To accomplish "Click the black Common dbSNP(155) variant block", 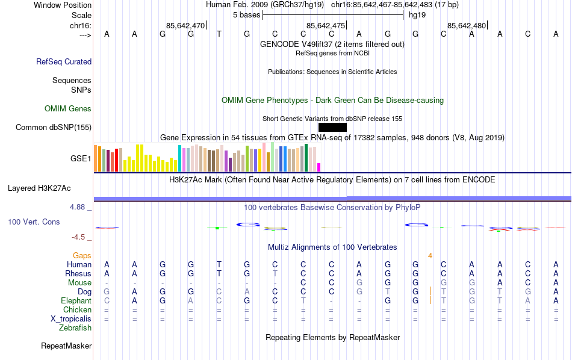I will (x=332, y=127).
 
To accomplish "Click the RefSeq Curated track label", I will (x=64, y=61).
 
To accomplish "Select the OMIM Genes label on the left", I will (x=68, y=109).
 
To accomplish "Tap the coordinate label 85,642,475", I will (x=326, y=25).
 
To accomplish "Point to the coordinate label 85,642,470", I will (x=185, y=25).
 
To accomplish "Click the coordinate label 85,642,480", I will (x=467, y=25).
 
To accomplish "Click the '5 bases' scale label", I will (x=246, y=14).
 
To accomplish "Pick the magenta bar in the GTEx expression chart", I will (x=319, y=167).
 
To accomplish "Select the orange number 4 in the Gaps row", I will (x=430, y=256).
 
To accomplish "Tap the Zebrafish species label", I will (x=75, y=328).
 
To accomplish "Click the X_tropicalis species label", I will (x=71, y=319).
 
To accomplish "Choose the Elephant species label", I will (x=76, y=301).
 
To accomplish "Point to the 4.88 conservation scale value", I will (x=79, y=207).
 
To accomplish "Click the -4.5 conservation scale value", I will (x=80, y=237).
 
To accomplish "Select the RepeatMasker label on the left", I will (x=66, y=346).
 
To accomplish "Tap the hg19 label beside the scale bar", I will (x=417, y=14).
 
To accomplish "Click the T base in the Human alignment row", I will (x=219, y=265).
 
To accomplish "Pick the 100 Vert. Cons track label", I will (x=34, y=222).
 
